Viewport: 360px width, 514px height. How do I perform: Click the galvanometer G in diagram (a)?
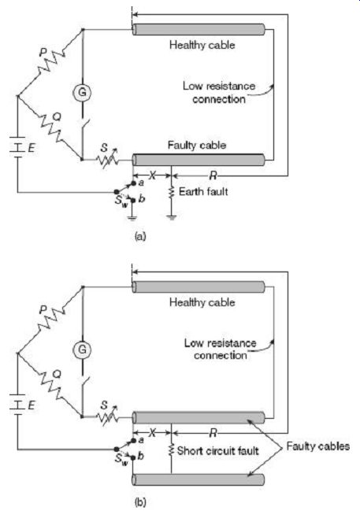(x=82, y=92)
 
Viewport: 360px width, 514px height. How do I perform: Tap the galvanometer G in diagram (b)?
(x=82, y=349)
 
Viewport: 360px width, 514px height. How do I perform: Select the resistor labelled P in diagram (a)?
(x=51, y=63)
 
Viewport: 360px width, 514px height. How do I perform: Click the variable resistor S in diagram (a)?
(x=107, y=159)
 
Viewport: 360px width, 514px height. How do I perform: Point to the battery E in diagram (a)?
(x=17, y=147)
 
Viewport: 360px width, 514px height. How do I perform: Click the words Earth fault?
(x=203, y=191)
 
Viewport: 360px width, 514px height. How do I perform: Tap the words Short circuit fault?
(x=218, y=451)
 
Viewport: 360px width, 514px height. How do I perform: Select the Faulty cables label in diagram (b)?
(x=318, y=446)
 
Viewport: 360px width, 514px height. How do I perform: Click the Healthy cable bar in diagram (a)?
(x=199, y=29)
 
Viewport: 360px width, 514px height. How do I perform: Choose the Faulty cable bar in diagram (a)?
(x=199, y=160)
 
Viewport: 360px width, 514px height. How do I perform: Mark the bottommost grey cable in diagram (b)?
(x=199, y=479)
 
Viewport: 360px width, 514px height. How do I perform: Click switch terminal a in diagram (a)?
(x=133, y=183)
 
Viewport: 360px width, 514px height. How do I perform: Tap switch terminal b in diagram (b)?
(x=132, y=457)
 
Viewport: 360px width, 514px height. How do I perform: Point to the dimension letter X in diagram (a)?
(x=152, y=176)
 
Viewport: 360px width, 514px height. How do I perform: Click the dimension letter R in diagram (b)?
(x=213, y=433)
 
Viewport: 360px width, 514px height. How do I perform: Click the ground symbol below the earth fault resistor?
(x=171, y=217)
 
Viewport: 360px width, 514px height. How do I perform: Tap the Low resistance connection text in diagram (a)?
(x=219, y=92)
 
